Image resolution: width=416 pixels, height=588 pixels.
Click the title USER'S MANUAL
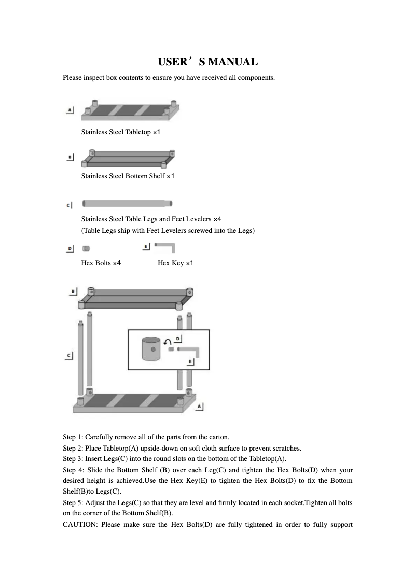(207, 62)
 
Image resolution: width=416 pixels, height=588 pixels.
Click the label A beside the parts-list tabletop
(70, 110)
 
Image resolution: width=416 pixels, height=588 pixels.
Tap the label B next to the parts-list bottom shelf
(70, 156)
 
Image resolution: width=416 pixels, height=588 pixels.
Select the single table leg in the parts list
(127, 203)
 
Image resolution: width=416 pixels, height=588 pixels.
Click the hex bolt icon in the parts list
(86, 249)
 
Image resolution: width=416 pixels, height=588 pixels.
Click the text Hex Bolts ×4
(101, 263)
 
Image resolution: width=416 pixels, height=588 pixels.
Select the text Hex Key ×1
(175, 263)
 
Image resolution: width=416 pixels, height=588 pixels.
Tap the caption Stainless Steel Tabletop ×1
(121, 132)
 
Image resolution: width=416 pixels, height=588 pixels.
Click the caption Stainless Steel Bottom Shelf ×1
(128, 176)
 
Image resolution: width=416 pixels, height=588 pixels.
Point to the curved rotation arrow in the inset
(167, 342)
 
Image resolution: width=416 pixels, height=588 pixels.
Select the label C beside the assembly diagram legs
(69, 356)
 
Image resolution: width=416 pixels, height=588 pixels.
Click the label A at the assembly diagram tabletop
(199, 407)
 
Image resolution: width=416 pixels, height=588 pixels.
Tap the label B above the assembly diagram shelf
(74, 292)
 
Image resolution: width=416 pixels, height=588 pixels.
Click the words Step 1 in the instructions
(73, 437)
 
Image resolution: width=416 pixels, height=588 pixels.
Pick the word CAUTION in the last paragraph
(79, 524)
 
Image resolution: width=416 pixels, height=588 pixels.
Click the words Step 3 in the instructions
(73, 459)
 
